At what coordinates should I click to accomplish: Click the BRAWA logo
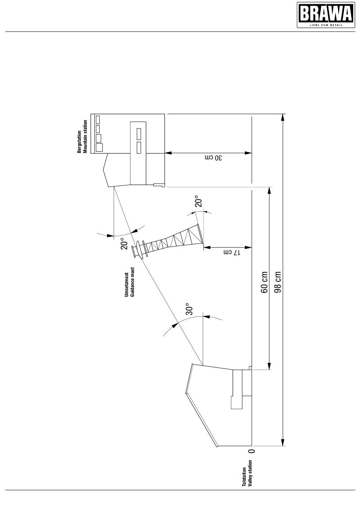326,15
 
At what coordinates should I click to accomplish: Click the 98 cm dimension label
278,282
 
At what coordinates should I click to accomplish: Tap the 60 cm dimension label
264,282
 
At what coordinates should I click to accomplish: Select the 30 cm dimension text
213,158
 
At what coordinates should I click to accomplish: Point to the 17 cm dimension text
232,253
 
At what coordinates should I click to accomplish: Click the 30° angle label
190,309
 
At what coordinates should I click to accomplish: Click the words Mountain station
85,136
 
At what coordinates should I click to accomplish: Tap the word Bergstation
79,142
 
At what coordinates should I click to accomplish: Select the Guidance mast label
132,282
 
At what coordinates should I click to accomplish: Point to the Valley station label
250,474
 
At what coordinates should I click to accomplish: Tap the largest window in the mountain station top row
99,147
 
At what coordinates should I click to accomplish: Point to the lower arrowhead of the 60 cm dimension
269,366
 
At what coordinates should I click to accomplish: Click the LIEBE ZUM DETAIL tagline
326,25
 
